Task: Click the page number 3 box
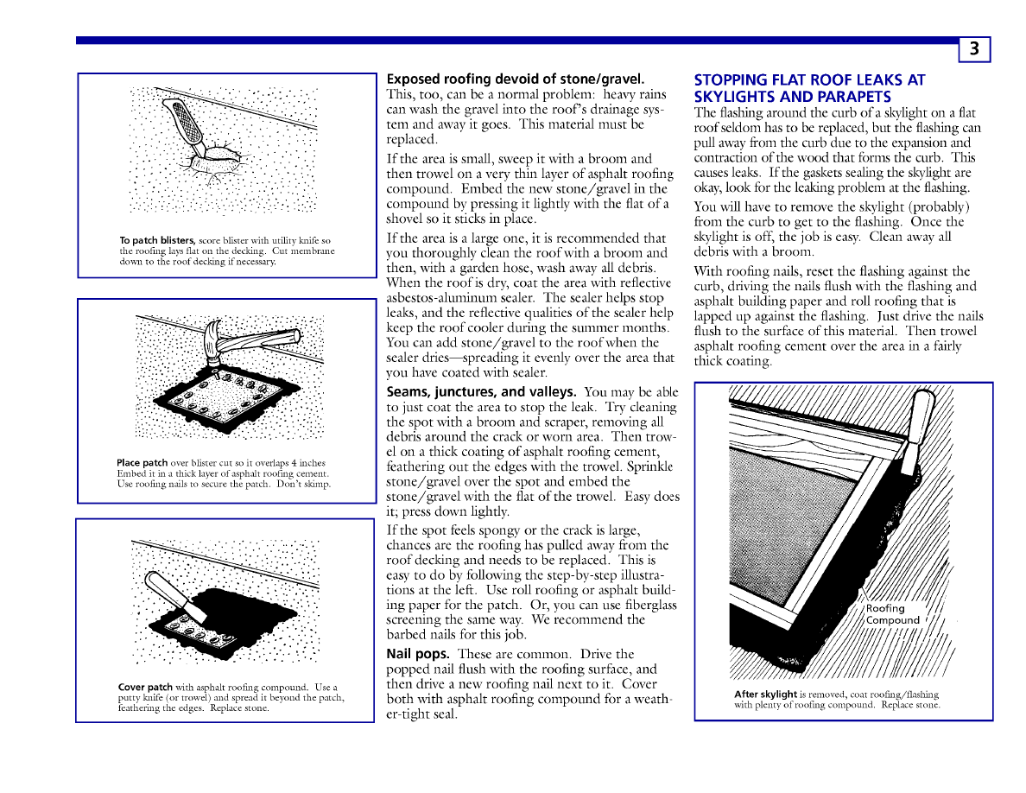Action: [974, 49]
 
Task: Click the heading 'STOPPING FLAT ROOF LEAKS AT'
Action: [809, 80]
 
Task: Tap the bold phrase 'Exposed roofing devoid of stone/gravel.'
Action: [516, 79]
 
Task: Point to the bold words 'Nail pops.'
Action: [417, 654]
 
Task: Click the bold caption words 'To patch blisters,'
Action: [157, 240]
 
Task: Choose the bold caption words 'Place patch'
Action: [142, 463]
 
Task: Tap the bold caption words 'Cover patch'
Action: [145, 688]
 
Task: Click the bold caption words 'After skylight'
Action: [765, 694]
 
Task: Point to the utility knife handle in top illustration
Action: [187, 121]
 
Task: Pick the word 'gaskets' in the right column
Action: [818, 173]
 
